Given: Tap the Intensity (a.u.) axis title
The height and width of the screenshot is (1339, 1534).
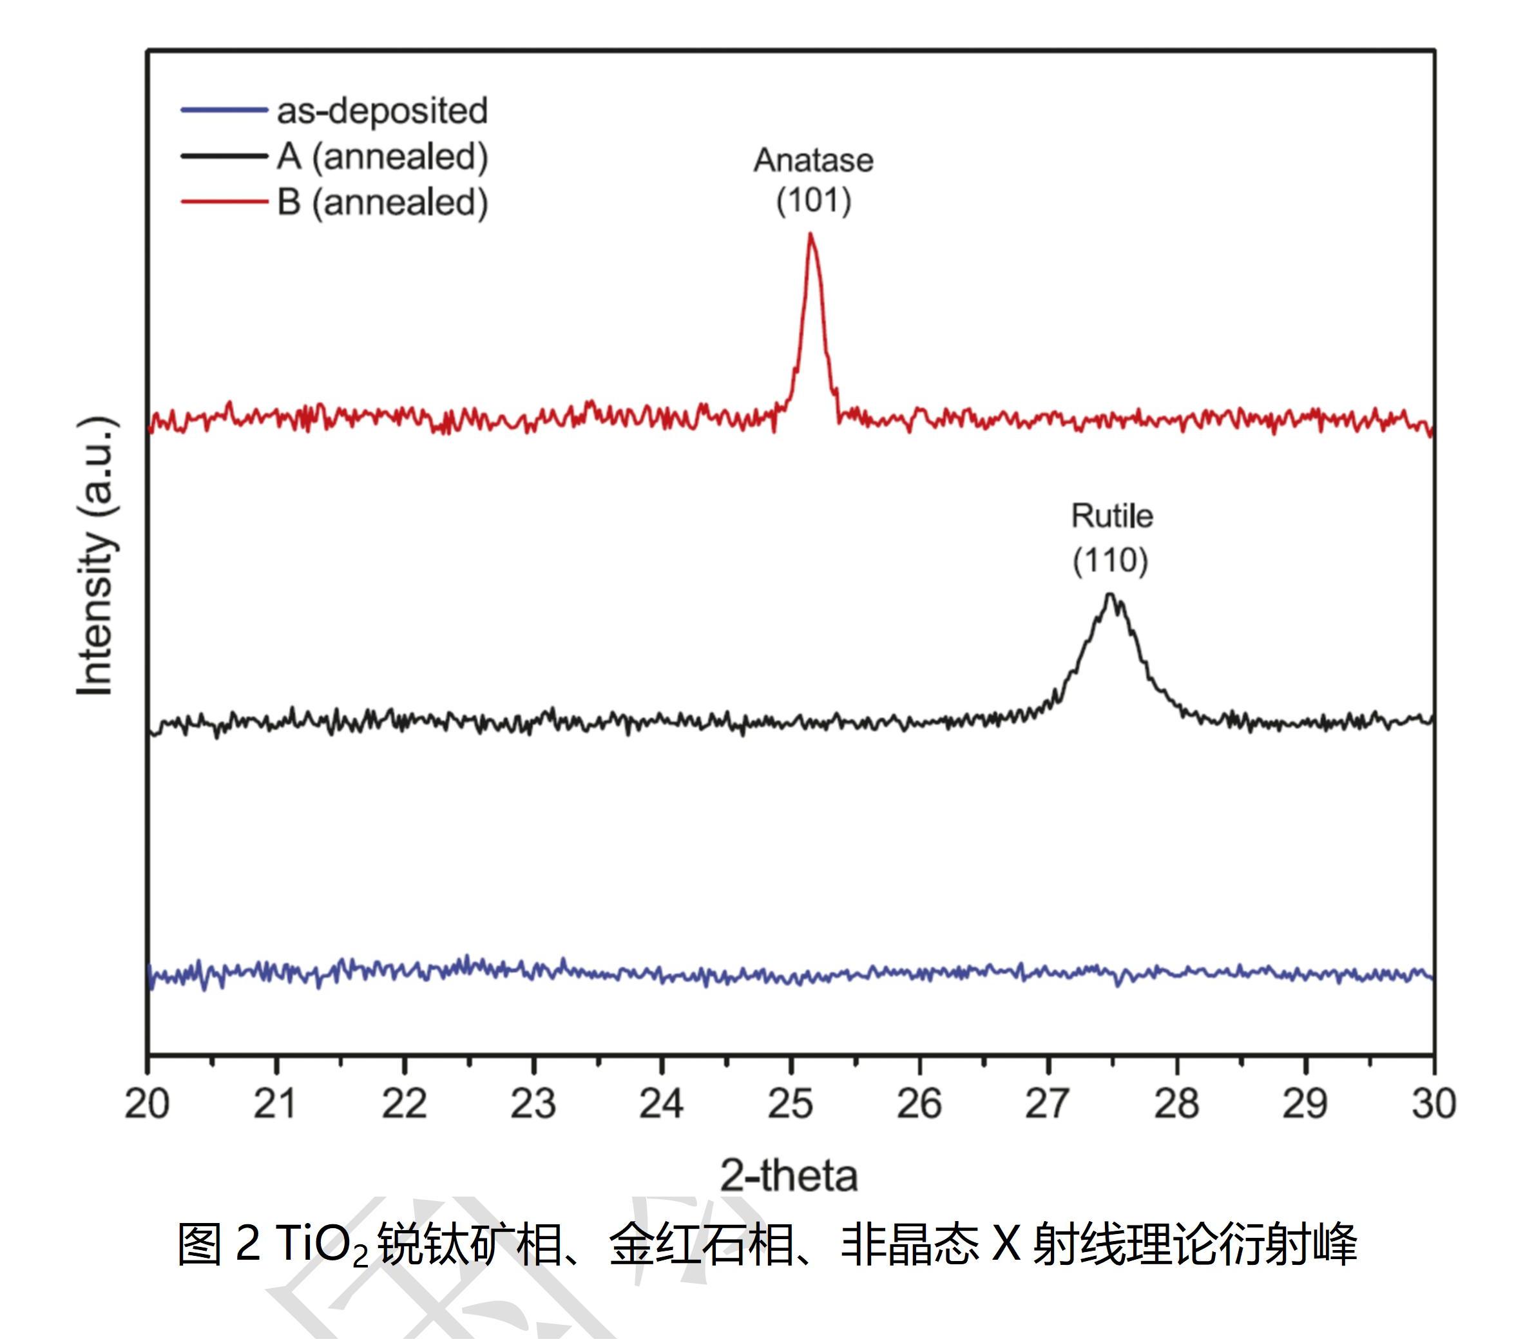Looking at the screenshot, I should [97, 557].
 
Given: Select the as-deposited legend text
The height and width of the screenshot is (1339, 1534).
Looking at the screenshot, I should [382, 111].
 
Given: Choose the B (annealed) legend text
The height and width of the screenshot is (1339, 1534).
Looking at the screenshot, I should [382, 202].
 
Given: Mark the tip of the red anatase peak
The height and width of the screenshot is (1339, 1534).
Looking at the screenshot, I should [810, 235].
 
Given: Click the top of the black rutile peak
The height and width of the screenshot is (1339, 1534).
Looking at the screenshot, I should [1110, 595].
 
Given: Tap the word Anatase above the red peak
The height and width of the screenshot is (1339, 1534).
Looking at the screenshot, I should [813, 160].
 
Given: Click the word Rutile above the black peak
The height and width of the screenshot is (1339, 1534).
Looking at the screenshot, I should [1112, 516].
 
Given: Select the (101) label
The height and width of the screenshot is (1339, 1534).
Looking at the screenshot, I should [814, 200].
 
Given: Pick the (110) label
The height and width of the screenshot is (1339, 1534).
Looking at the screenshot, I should [1110, 561].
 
